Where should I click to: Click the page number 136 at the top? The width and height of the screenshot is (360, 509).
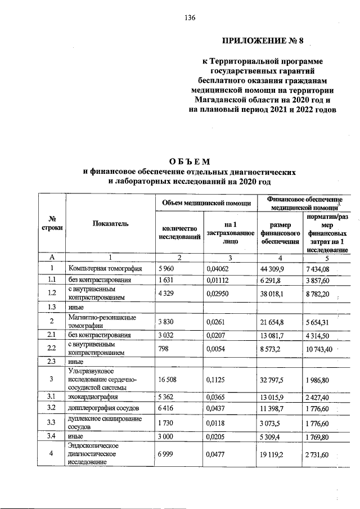point(190,18)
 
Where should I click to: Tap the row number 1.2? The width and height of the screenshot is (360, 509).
point(52,292)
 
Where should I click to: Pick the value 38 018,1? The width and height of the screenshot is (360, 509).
point(272,292)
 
